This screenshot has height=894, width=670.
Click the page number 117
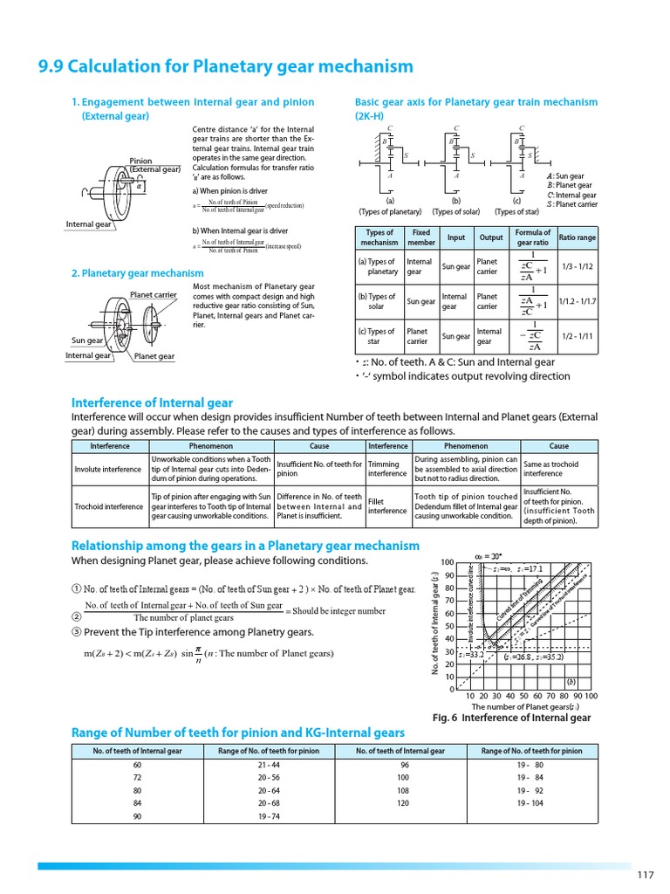click(646, 876)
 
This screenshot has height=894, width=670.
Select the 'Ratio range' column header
click(577, 237)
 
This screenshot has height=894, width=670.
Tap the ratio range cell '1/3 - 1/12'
click(577, 266)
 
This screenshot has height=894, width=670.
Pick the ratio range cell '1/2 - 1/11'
click(577, 336)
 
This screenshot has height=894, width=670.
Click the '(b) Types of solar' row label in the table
click(377, 301)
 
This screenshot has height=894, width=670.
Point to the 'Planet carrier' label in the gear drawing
click(154, 295)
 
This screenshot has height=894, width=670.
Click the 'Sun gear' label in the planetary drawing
click(88, 340)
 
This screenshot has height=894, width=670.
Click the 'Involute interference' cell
click(107, 470)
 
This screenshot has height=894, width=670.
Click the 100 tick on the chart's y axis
click(448, 562)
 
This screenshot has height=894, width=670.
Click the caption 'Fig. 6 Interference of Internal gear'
click(511, 718)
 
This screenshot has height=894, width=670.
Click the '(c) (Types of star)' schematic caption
click(516, 206)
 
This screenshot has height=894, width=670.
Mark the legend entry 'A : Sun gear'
click(564, 176)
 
